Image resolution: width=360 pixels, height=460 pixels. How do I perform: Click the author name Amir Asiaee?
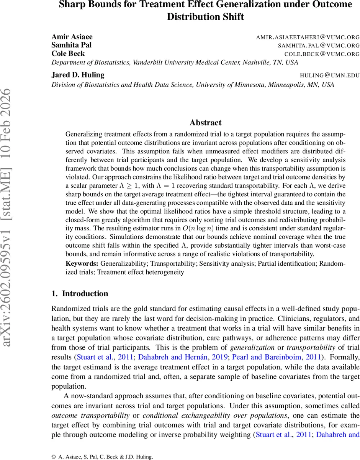point(72,37)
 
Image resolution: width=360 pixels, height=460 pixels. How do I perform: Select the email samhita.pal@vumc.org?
point(319,46)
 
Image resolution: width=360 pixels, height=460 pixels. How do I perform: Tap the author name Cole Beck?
point(68,54)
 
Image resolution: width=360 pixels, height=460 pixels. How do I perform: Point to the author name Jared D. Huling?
point(78,75)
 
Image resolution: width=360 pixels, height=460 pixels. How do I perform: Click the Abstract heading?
point(205,123)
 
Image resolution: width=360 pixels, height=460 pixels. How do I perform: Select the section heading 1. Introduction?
point(80,294)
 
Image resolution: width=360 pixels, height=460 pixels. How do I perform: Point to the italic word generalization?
point(252,348)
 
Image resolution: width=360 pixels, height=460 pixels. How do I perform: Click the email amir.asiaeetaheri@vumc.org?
point(308,37)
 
